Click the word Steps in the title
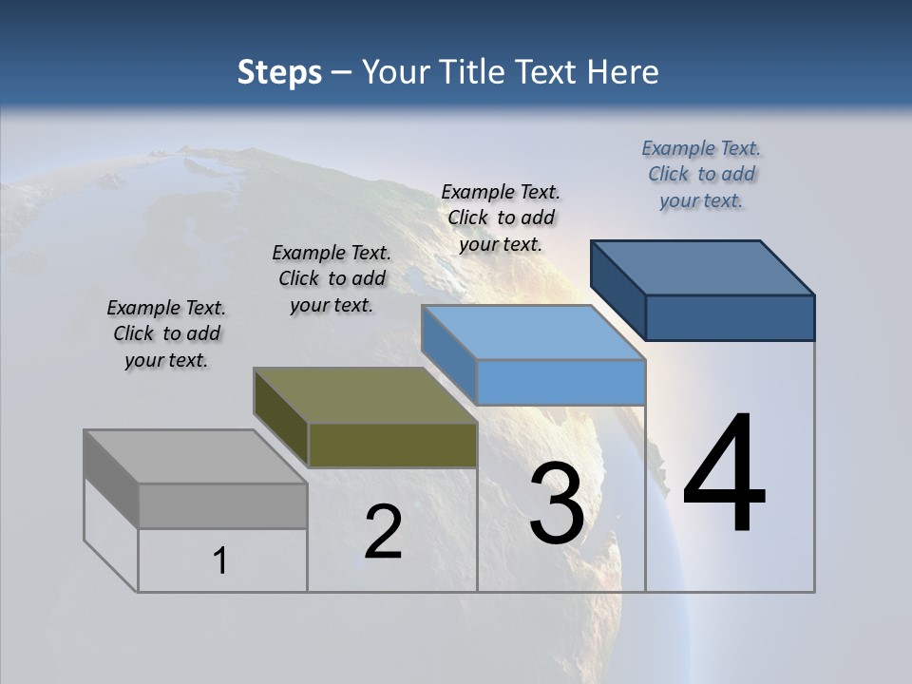tap(279, 72)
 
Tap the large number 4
tap(724, 475)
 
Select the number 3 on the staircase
tap(557, 503)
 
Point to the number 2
tap(383, 532)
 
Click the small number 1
tap(220, 561)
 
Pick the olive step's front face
tap(392, 446)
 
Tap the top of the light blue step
tap(532, 332)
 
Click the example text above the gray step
tap(166, 333)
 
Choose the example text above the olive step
tap(332, 278)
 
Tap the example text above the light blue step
tap(501, 218)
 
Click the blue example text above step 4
tap(701, 174)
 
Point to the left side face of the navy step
tap(618, 290)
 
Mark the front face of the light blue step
tap(560, 383)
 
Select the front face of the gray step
tap(222, 505)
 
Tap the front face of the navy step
tap(730, 317)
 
